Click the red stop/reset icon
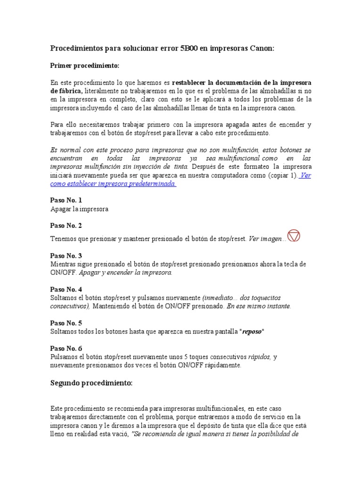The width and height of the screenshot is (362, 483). coord(294,236)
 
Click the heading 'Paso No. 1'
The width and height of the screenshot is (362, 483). coord(66,200)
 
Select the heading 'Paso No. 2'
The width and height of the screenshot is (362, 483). coord(66,225)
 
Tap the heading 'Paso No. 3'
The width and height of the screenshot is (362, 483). coord(66,256)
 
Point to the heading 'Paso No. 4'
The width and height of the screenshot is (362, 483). coord(66,289)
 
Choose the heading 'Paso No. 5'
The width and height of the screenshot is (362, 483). coord(66,323)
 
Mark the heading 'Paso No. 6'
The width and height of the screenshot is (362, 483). coord(66,348)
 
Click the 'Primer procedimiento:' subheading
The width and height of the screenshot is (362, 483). coord(85,65)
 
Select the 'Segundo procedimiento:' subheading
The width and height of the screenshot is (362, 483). coord(91,383)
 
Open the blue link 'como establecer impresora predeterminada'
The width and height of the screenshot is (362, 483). coord(113,183)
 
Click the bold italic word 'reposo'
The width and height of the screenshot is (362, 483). coord(252,332)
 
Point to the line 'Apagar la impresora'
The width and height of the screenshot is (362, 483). coord(79,208)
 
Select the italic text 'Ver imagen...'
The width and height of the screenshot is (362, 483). coord(267,239)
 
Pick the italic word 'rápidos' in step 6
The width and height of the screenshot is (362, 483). coord(259,357)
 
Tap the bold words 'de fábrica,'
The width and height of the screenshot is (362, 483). coord(66,91)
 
